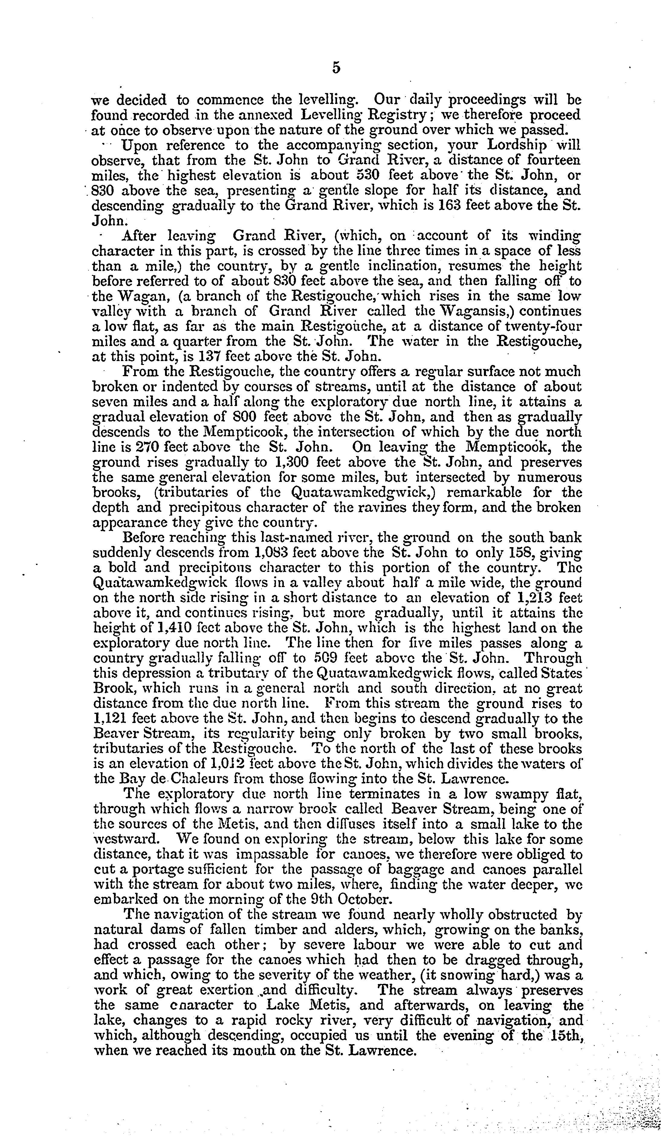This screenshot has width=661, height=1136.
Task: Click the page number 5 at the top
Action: pos(336,68)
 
